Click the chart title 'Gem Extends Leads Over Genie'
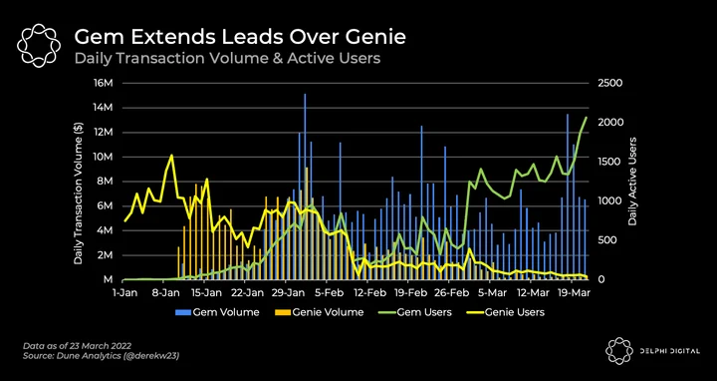coord(240,37)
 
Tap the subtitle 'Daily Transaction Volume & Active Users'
coord(227,59)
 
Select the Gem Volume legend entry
coord(217,312)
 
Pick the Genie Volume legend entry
coord(319,312)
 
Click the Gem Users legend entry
coord(414,312)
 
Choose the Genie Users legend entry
coord(505,312)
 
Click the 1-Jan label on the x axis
coord(123,291)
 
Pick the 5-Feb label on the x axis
coord(326,291)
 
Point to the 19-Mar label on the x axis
coord(574,291)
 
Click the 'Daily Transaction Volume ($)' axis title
coord(79,193)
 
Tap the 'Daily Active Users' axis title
coord(632,181)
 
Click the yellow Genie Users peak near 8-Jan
coord(172,155)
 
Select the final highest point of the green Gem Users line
coord(586,118)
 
